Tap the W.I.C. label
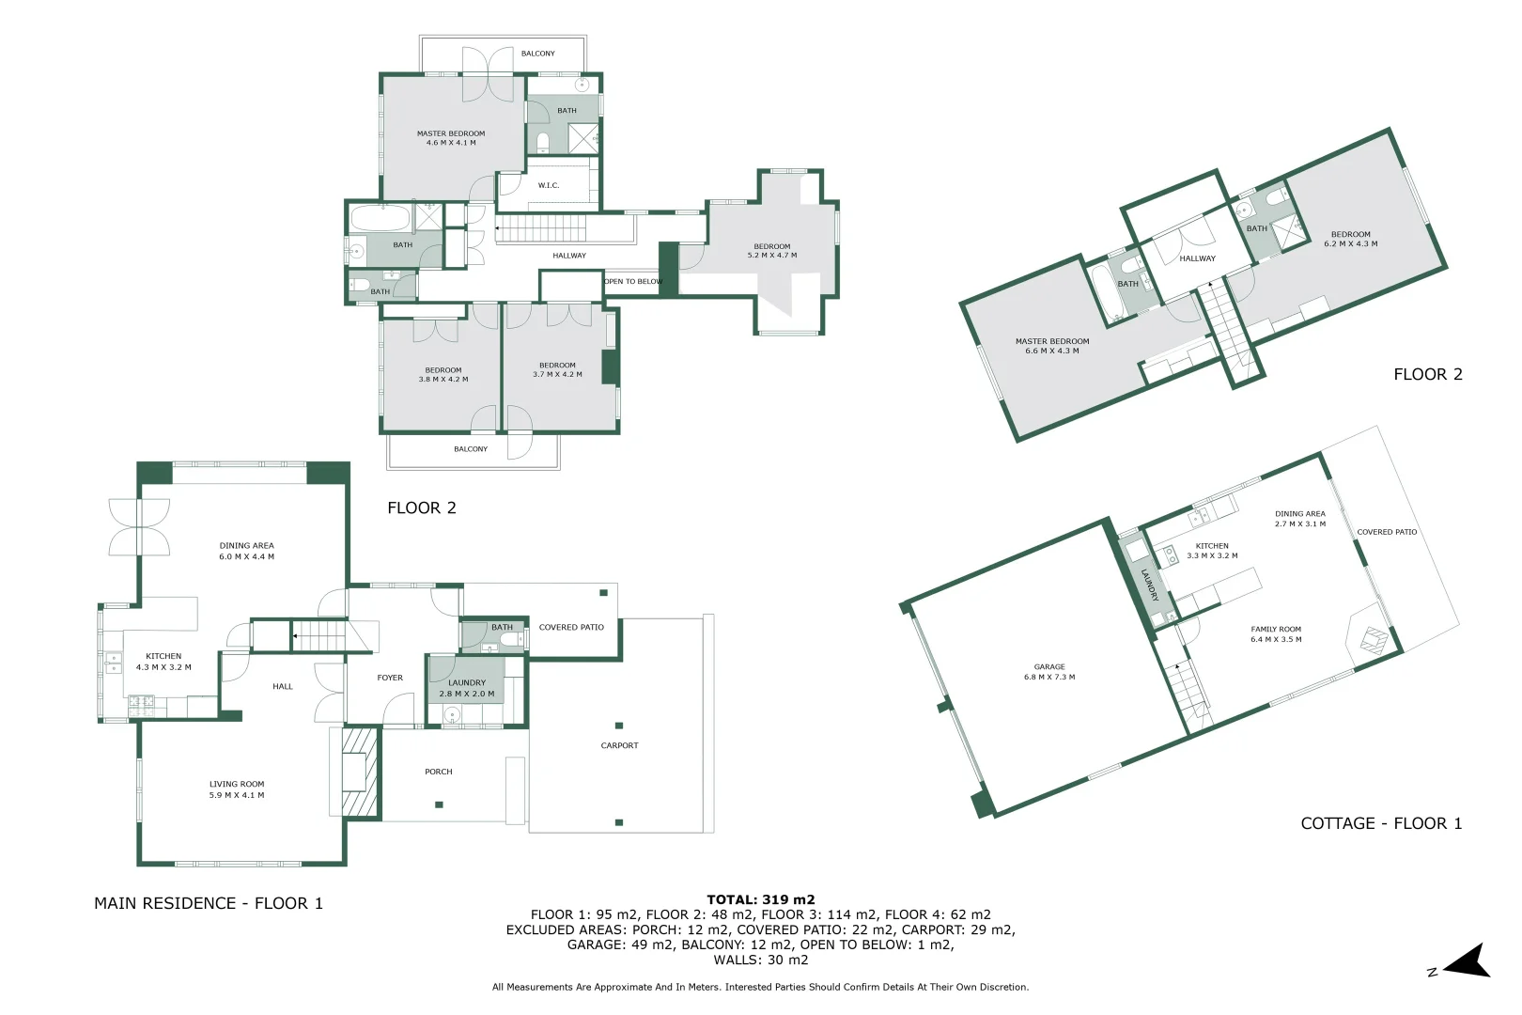549,185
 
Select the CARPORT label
619,745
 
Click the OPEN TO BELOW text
633,282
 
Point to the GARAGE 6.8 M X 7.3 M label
1049,672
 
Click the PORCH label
439,772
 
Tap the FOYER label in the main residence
390,678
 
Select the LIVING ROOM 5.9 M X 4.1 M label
237,789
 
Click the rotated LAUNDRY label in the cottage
1149,585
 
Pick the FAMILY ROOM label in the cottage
1276,634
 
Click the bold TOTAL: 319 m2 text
761,899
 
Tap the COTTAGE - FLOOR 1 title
1381,823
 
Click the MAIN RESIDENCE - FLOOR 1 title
209,903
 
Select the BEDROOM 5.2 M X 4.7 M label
772,251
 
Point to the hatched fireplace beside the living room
360,771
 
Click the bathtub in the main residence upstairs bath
381,220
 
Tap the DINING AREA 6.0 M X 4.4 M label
247,551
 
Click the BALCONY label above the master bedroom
538,54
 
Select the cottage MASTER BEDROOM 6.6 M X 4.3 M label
1052,346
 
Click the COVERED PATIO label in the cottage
1387,532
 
